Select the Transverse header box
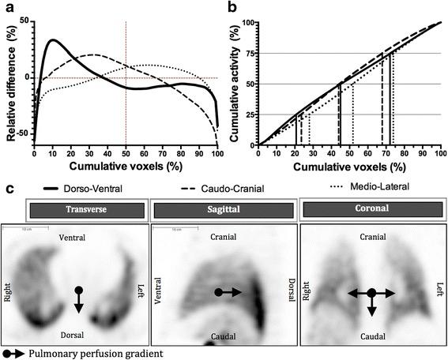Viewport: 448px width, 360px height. tap(77, 211)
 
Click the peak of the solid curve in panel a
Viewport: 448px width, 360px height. tap(52, 39)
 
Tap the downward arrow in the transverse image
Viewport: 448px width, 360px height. tap(77, 302)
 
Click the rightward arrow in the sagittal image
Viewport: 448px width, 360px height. tap(229, 292)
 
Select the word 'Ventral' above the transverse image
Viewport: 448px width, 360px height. tap(77, 237)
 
